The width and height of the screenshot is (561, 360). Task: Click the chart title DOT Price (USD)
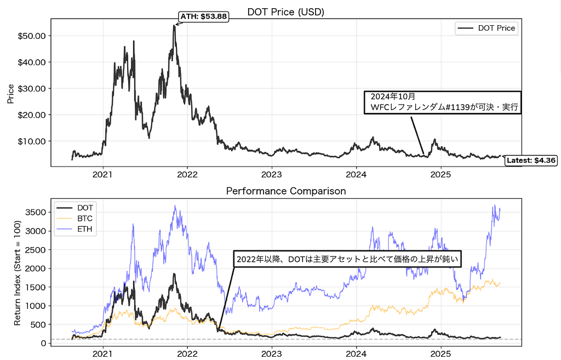[x=286, y=11]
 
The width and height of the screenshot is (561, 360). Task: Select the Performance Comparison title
[x=286, y=191]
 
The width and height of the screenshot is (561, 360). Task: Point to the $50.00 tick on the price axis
[x=35, y=36]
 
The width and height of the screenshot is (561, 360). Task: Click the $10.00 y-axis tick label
[x=35, y=141]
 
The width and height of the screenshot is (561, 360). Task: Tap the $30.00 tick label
[x=35, y=88]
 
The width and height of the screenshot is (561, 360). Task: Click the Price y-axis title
[x=10, y=93]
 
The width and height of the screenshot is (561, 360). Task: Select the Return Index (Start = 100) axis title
[x=18, y=273]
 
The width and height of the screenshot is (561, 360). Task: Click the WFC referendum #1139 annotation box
[x=443, y=102]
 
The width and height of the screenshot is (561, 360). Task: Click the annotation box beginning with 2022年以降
[x=347, y=259]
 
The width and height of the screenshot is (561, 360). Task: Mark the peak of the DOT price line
[x=174, y=25]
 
